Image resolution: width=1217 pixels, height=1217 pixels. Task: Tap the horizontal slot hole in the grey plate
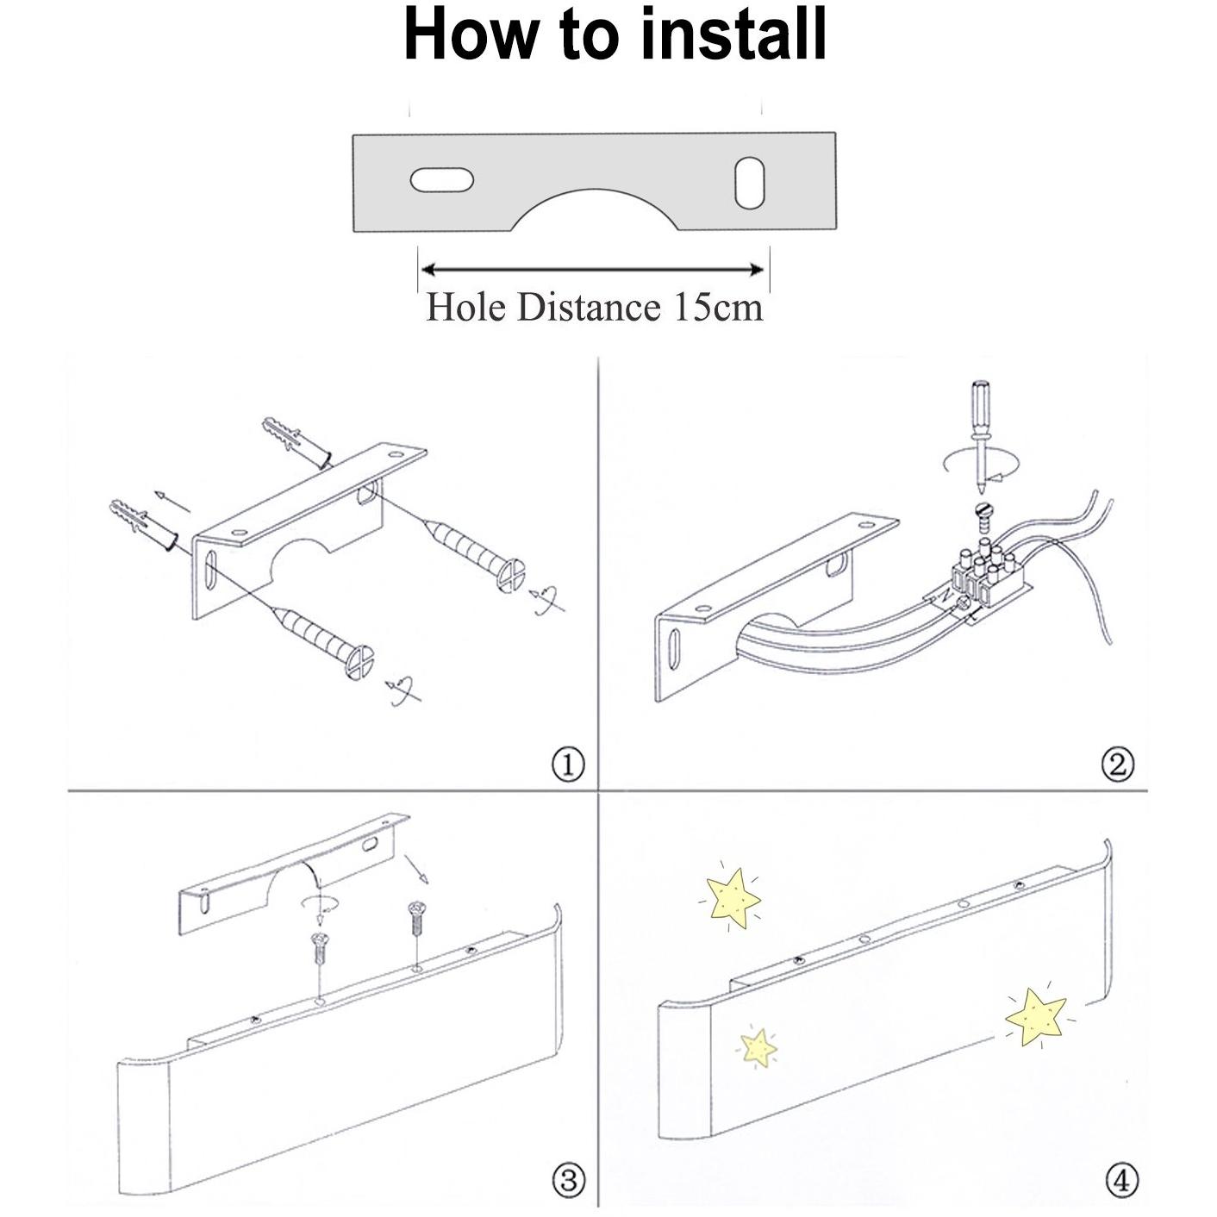(x=441, y=180)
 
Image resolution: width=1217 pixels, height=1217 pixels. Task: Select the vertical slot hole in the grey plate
(x=750, y=182)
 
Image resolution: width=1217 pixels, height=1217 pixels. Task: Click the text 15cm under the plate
(x=718, y=308)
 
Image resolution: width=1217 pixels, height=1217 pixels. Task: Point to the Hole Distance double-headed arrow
(x=593, y=270)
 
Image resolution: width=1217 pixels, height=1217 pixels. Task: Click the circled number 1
(x=567, y=765)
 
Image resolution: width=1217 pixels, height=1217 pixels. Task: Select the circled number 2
(x=1118, y=765)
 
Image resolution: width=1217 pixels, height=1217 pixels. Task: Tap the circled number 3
(x=567, y=1179)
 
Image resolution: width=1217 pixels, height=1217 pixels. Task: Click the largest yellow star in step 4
(x=1037, y=1016)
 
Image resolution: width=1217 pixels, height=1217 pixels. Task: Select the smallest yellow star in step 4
(x=758, y=1047)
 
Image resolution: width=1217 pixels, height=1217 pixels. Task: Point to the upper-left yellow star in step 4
(x=731, y=899)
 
